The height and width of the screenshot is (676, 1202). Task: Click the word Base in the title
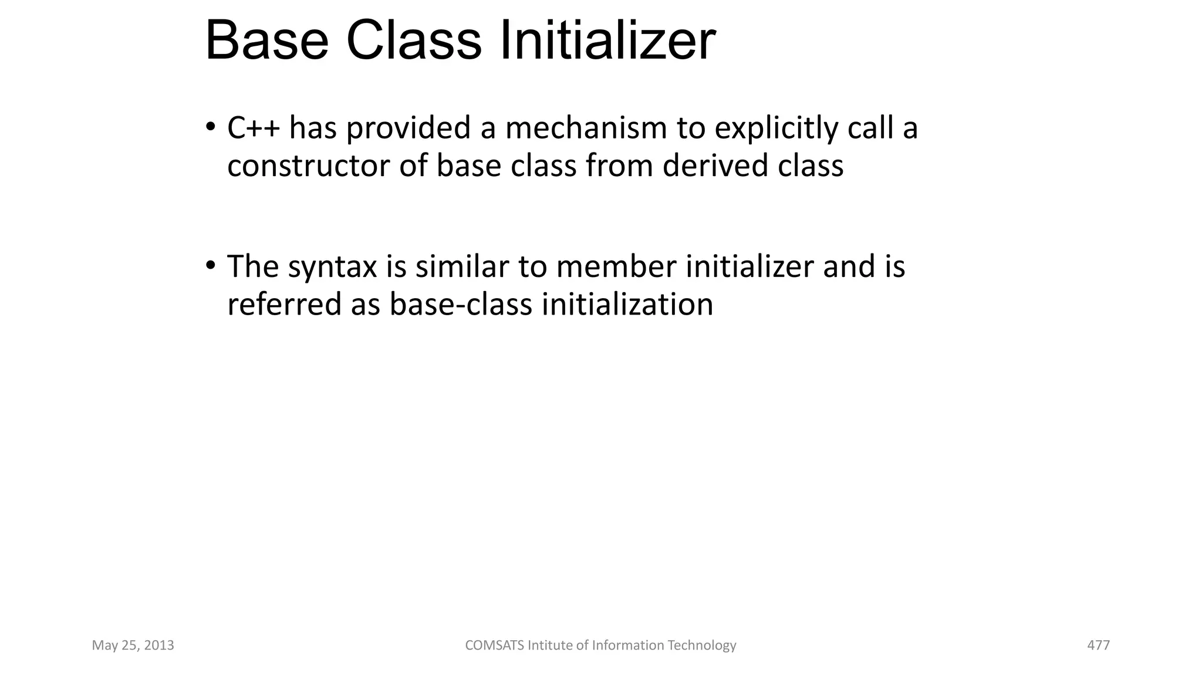pyautogui.click(x=267, y=41)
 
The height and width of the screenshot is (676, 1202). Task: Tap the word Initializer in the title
pyautogui.click(x=607, y=41)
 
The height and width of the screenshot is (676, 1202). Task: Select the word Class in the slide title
pyautogui.click(x=414, y=41)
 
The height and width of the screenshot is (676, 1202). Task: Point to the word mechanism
pyautogui.click(x=586, y=128)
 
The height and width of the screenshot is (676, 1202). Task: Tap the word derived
pyautogui.click(x=715, y=165)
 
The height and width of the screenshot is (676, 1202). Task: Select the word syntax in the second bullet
pyautogui.click(x=332, y=268)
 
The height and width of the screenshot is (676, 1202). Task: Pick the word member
pyautogui.click(x=616, y=266)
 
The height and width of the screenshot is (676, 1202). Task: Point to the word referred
pyautogui.click(x=284, y=304)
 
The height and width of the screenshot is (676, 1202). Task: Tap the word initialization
pyautogui.click(x=627, y=304)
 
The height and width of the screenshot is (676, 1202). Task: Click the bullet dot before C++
pyautogui.click(x=210, y=127)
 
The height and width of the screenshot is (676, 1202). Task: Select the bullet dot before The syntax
pyautogui.click(x=210, y=266)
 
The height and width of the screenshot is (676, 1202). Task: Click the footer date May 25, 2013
pyautogui.click(x=133, y=645)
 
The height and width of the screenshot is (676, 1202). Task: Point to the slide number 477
pyautogui.click(x=1099, y=645)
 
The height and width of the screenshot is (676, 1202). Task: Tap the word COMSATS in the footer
pyautogui.click(x=494, y=645)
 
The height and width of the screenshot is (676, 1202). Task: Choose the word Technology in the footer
pyautogui.click(x=702, y=645)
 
